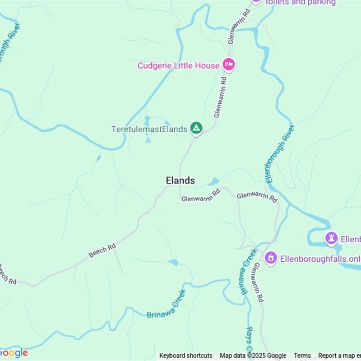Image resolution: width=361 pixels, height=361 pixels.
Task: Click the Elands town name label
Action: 180,180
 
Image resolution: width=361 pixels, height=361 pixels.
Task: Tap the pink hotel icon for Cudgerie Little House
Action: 229,65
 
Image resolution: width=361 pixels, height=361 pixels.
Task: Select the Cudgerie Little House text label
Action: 178,66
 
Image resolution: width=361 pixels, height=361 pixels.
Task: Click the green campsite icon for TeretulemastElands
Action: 196,129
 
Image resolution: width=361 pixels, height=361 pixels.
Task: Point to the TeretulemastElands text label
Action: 149,130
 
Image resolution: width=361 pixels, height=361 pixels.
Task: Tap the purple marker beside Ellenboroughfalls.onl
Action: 271,258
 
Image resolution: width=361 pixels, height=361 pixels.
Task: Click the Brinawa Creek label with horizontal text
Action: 167,309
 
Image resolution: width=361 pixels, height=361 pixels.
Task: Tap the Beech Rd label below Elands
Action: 102,250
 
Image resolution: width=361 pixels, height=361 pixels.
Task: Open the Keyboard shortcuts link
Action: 186,356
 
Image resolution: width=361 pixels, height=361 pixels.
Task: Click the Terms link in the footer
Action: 302,356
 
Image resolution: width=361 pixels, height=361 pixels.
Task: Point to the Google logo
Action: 14,352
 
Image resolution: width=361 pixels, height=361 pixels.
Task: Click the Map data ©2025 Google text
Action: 253,356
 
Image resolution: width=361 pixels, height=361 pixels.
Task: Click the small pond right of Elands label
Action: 213,182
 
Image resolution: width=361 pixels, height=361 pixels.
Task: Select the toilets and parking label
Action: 301,3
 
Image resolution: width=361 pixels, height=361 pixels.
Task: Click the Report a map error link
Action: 339,356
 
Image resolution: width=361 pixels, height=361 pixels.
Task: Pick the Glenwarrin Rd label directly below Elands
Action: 201,196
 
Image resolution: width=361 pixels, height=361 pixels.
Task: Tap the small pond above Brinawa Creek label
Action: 173,262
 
